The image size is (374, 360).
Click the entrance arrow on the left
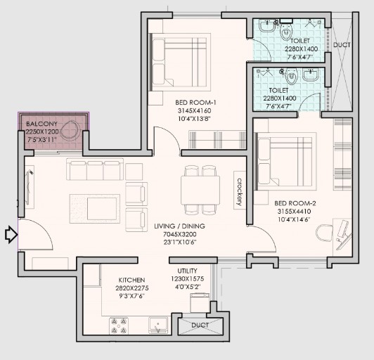pos(11,235)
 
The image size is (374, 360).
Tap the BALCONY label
pos(41,124)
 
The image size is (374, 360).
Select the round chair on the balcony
pos(70,130)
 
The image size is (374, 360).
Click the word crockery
pos(240,192)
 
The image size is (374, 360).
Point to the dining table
pos(200,190)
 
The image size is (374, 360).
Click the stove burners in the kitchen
pos(119,326)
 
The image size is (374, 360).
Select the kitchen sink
pos(158,325)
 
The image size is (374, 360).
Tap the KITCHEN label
pos(131,280)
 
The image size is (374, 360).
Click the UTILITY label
pos(187,271)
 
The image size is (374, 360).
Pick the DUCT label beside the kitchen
pos(200,325)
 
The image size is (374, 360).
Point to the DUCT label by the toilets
pos(342,45)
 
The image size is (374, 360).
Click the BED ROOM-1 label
pos(195,103)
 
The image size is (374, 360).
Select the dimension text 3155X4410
pos(294,212)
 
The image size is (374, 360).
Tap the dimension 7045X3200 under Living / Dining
pos(179,234)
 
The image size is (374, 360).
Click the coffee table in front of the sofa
pos(95,209)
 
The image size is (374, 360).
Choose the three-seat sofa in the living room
pos(95,169)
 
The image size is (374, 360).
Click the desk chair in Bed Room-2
pos(324,233)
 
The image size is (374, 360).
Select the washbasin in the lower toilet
pos(310,75)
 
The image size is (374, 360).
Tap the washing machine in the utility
pos(200,303)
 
